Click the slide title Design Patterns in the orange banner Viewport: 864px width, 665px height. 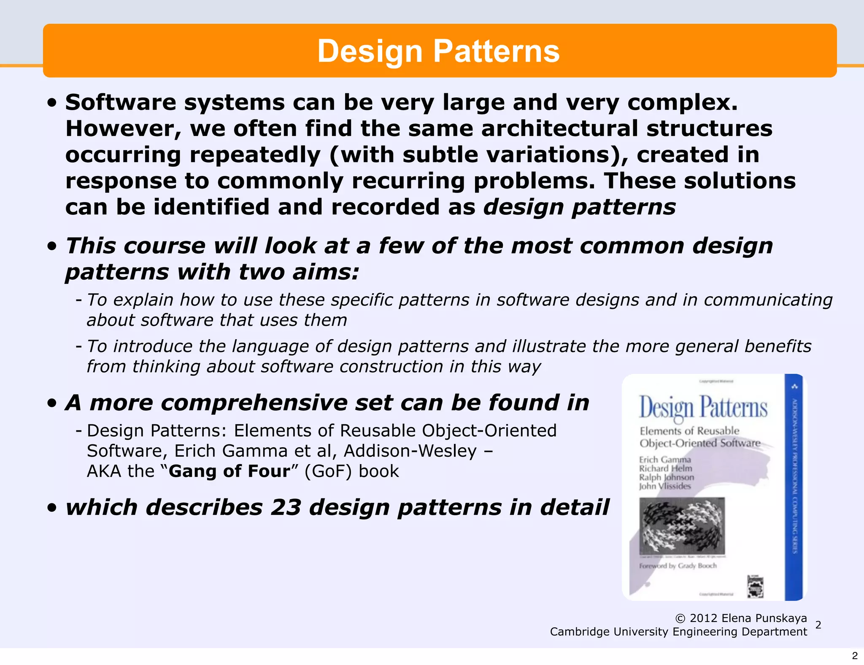pyautogui.click(x=438, y=51)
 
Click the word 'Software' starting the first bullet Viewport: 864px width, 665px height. pyautogui.click(x=120, y=103)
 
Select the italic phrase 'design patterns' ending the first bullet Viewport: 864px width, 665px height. pyautogui.click(x=579, y=207)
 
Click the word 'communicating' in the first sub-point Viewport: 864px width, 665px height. pyautogui.click(x=768, y=300)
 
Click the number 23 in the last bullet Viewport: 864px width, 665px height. pyautogui.click(x=286, y=507)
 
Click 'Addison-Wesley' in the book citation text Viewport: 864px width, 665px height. pyautogui.click(x=410, y=451)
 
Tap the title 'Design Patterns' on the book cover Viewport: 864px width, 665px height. pyautogui.click(x=702, y=408)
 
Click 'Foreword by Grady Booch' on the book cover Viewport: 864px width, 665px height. pyautogui.click(x=678, y=565)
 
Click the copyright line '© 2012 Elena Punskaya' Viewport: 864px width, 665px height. pyautogui.click(x=741, y=618)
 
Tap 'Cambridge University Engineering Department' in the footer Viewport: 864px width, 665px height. pyautogui.click(x=678, y=632)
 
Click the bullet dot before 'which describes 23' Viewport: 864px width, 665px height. pyautogui.click(x=52, y=508)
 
